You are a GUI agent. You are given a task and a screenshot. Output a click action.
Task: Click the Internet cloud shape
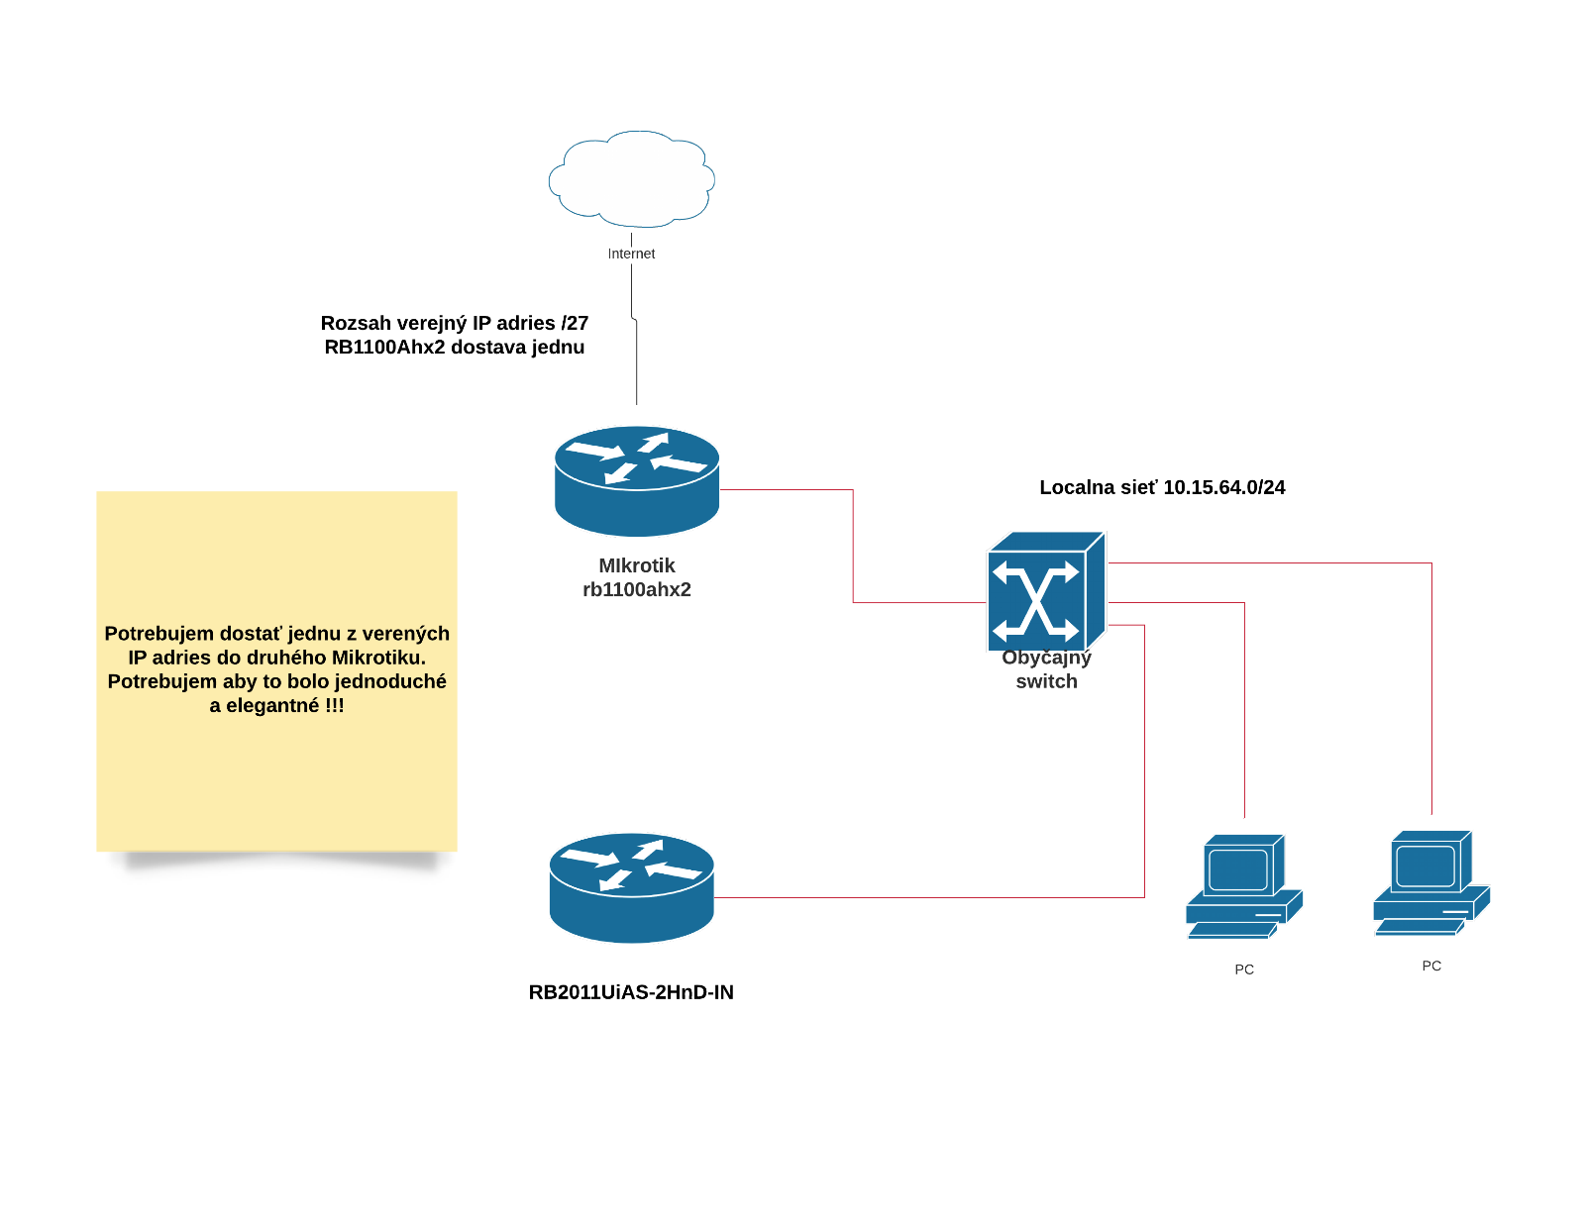tap(632, 179)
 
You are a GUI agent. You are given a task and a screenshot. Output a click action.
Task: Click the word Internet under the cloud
tap(631, 254)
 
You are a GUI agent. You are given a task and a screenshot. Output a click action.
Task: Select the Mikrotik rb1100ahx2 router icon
tap(636, 480)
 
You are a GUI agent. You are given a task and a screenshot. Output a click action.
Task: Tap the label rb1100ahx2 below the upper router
tap(636, 590)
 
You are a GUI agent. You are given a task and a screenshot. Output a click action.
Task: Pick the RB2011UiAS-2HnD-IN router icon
tap(631, 887)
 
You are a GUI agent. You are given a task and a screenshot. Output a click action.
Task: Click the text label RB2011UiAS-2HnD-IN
tap(631, 992)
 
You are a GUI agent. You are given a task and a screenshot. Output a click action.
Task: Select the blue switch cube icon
tap(1045, 592)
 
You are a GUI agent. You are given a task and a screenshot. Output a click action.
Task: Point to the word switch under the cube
tap(1046, 681)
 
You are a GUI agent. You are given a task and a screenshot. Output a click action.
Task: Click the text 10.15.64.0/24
tap(1223, 487)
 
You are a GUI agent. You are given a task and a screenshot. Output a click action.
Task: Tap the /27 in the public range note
tap(575, 324)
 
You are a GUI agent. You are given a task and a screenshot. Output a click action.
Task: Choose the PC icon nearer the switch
tap(1243, 886)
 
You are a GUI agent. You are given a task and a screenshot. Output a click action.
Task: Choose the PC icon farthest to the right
tap(1430, 882)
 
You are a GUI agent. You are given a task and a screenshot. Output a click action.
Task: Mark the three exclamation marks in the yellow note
tap(335, 706)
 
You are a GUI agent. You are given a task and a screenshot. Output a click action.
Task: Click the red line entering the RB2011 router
tap(892, 897)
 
